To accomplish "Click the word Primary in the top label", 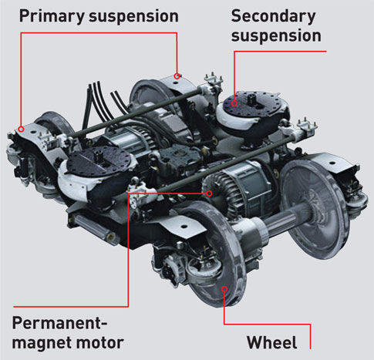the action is pyautogui.click(x=52, y=17).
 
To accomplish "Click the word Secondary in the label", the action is pyautogui.click(x=274, y=17).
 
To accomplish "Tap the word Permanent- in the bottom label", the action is pyautogui.click(x=59, y=323).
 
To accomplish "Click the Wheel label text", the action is pyautogui.click(x=271, y=342).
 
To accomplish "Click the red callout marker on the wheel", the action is pyautogui.click(x=224, y=289).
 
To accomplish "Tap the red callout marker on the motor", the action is pyautogui.click(x=210, y=193).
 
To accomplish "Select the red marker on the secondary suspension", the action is pyautogui.click(x=234, y=103).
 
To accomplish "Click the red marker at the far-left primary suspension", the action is pyautogui.click(x=22, y=129).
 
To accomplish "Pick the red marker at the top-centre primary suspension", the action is pyautogui.click(x=177, y=76).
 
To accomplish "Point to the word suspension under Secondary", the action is pyautogui.click(x=276, y=36).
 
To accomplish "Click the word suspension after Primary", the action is pyautogui.click(x=133, y=17).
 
